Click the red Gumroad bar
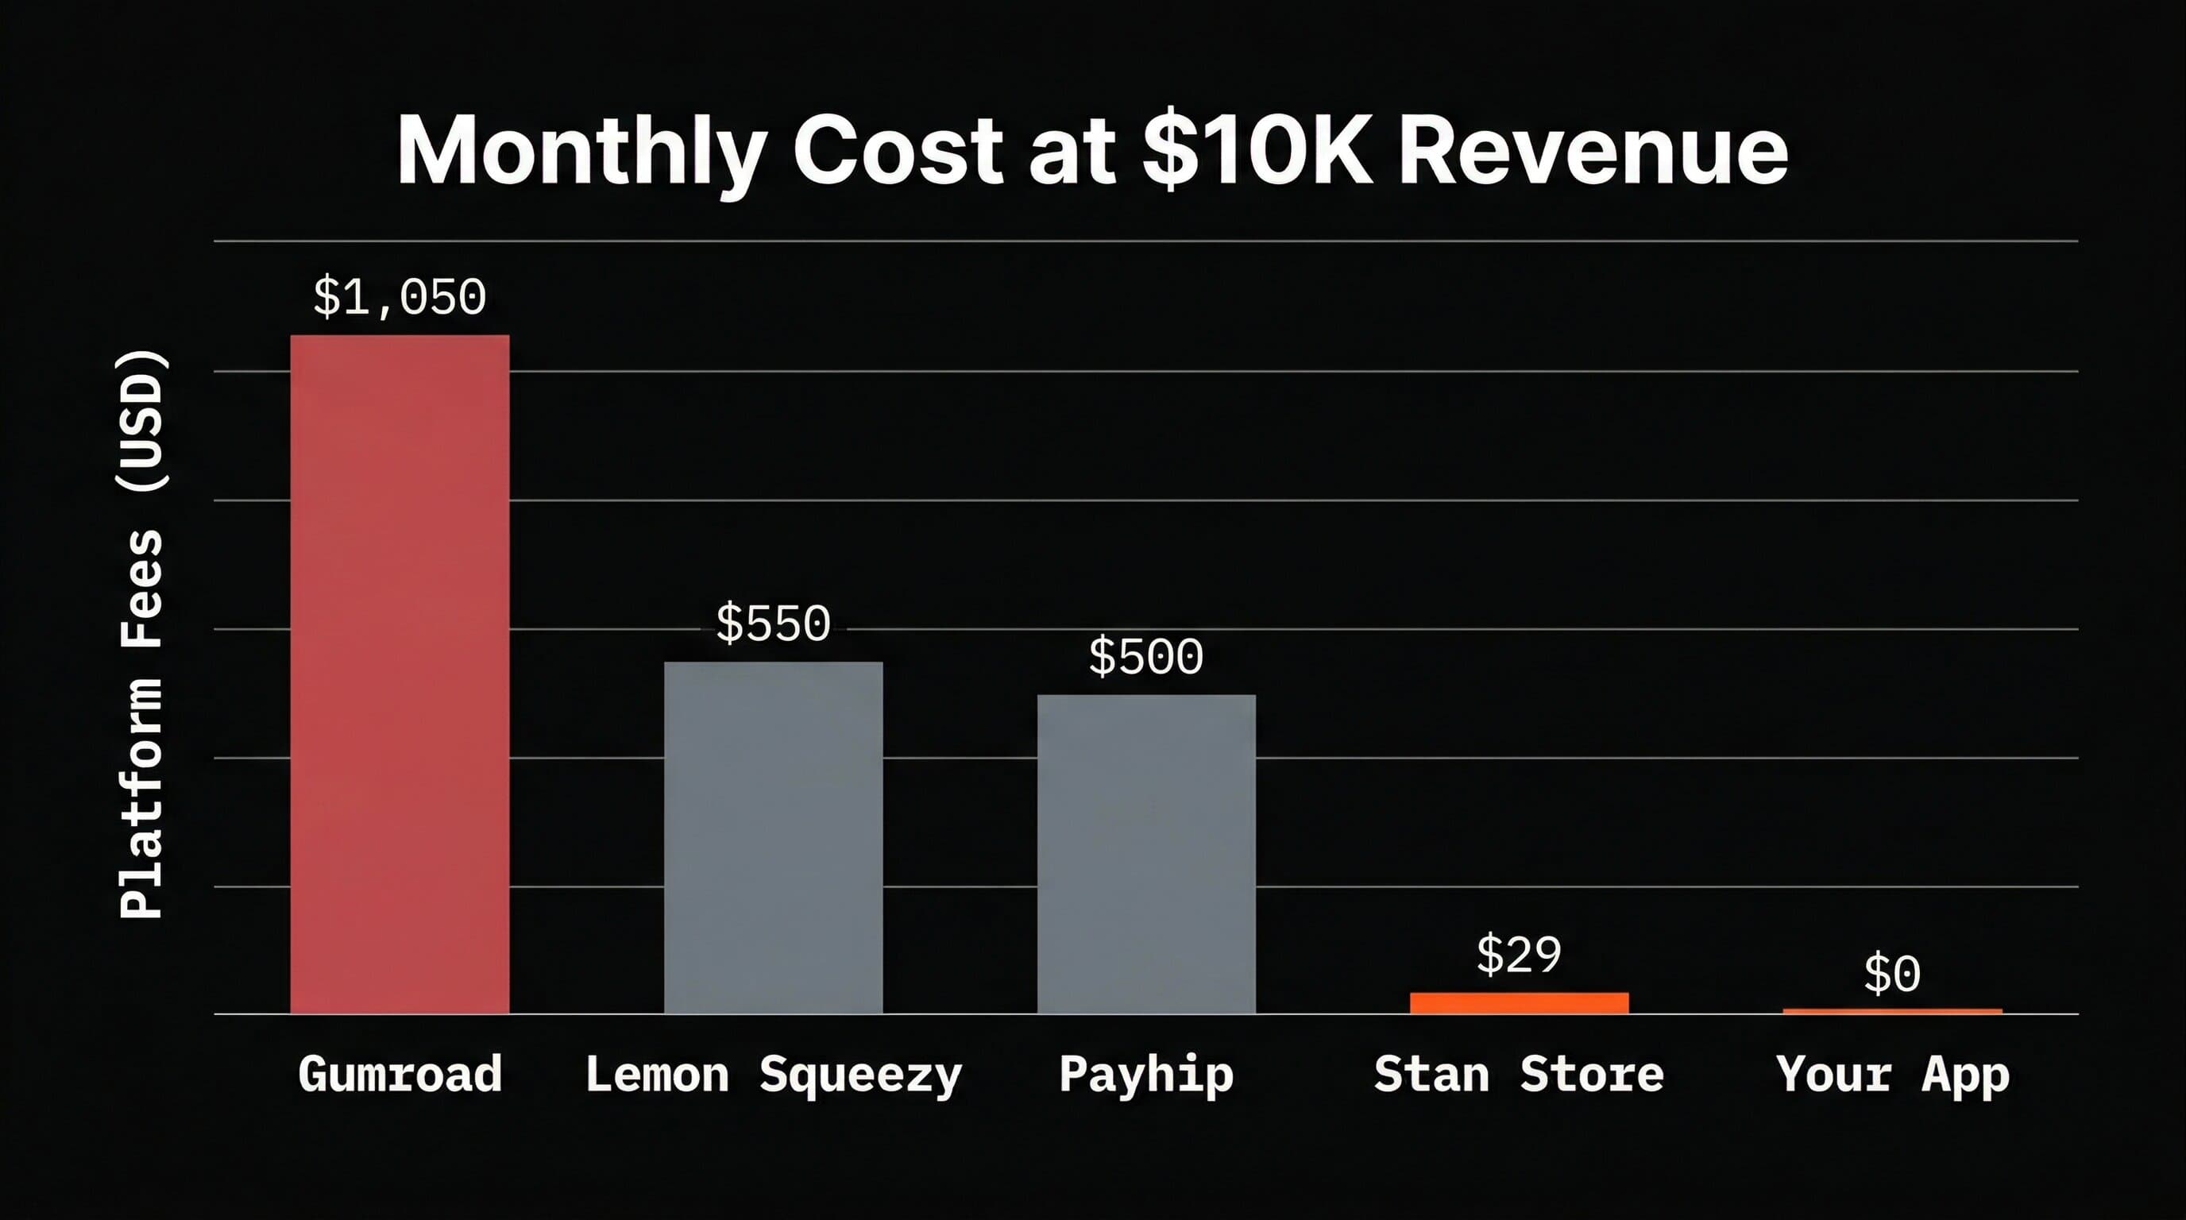[x=400, y=674]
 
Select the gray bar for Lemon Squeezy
[x=773, y=837]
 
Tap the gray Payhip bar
[x=1145, y=854]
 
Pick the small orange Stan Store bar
[x=1519, y=1003]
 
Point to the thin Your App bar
[x=1892, y=1011]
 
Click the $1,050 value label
[x=400, y=297]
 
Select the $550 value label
[x=773, y=624]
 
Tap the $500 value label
[x=1145, y=657]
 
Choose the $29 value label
[x=1519, y=956]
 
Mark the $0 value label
[x=1892, y=974]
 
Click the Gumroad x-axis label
[x=400, y=1074]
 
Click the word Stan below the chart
[x=1431, y=1074]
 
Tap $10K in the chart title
[x=1256, y=151]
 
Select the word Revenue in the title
[x=1593, y=151]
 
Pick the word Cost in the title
[x=898, y=151]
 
